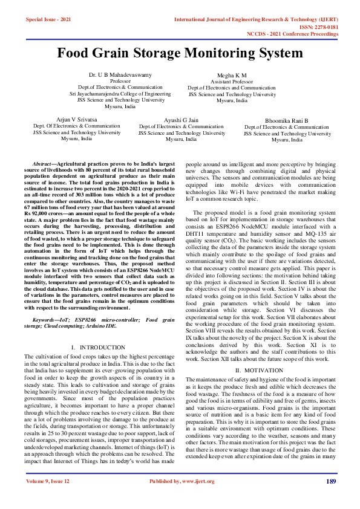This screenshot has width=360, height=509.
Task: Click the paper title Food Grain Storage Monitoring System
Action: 180,53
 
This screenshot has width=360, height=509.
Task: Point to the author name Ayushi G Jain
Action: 182,120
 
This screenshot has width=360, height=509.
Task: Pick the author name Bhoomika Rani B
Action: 286,121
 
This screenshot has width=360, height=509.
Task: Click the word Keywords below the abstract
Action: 45,319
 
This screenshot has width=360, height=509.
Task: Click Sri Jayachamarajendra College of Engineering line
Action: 120,94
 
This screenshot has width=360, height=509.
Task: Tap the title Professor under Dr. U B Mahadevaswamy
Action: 120,81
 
